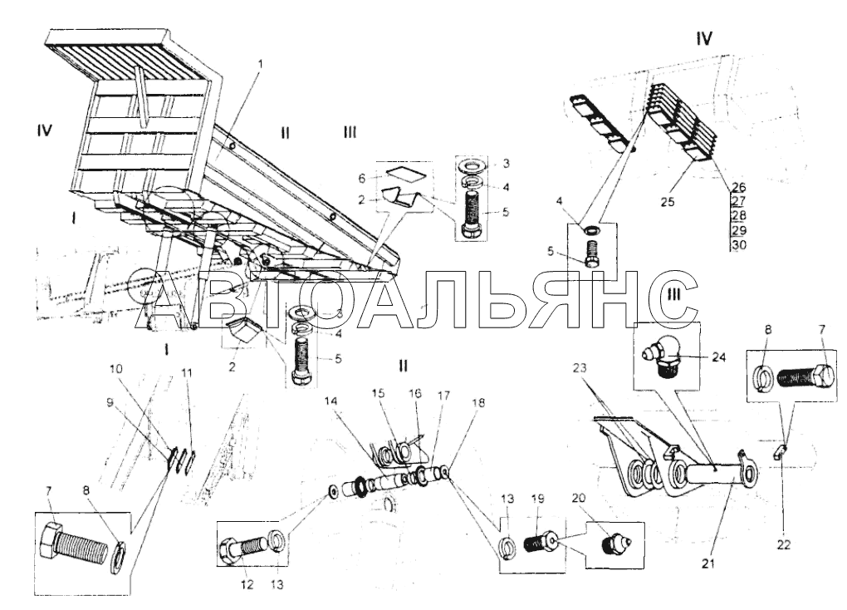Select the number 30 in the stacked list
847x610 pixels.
click(740, 245)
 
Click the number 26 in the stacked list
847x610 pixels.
click(740, 186)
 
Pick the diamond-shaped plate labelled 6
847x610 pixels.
click(402, 175)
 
